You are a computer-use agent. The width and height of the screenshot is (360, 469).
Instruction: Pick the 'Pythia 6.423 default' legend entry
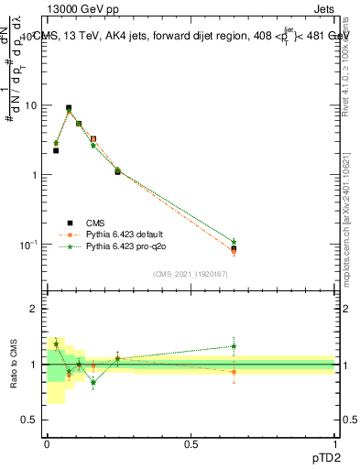(x=128, y=234)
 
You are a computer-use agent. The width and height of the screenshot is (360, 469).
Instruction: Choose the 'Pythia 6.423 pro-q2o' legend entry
(x=129, y=246)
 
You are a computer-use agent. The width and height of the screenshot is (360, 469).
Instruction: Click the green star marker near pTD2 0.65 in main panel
(x=234, y=242)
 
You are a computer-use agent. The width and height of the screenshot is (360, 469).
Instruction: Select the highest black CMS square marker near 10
(x=69, y=107)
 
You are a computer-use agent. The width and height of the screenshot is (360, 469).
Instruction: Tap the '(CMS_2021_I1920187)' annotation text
(x=191, y=273)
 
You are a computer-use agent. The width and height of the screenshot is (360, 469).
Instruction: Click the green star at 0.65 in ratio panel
(x=234, y=346)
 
